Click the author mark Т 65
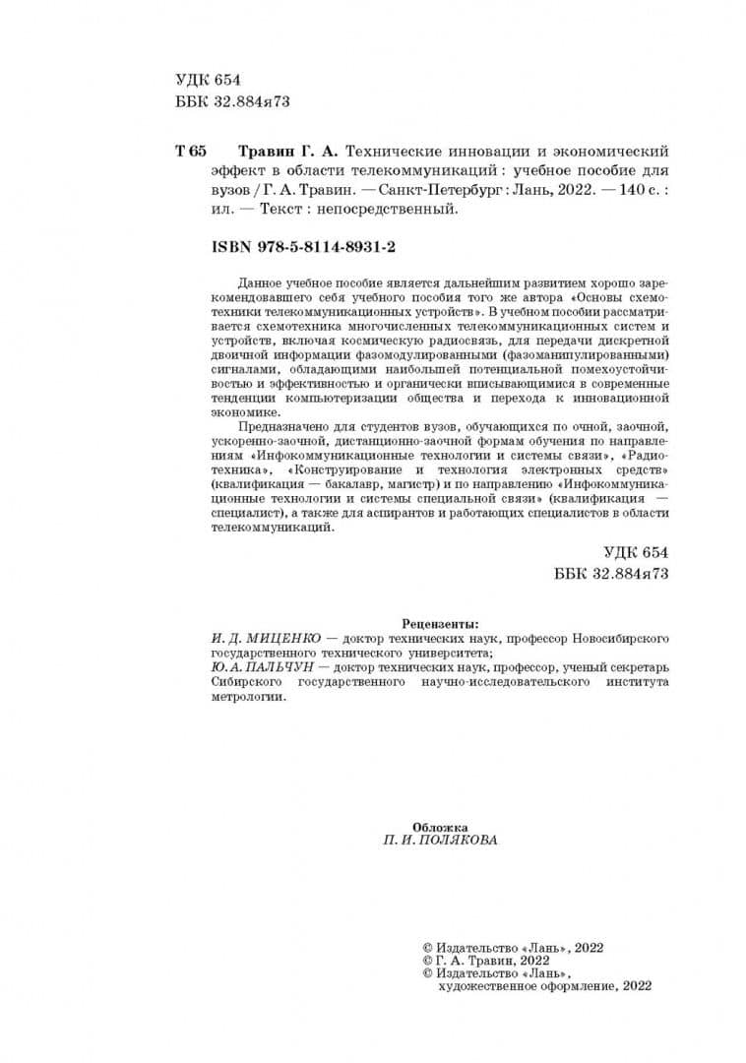click(191, 152)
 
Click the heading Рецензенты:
click(441, 623)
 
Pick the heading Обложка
click(439, 827)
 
